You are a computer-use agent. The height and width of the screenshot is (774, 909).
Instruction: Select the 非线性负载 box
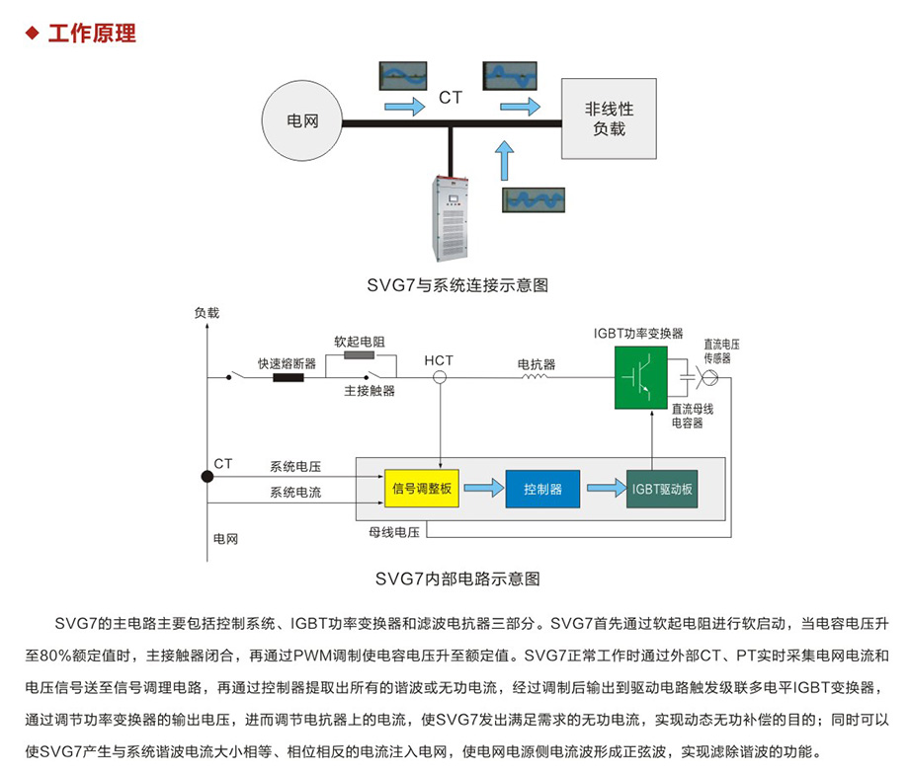coord(609,119)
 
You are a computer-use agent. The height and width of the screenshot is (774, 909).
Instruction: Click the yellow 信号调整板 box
coord(421,489)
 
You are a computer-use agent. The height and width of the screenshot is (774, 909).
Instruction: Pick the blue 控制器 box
coord(542,489)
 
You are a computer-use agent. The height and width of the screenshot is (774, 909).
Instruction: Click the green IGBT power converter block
coord(638,376)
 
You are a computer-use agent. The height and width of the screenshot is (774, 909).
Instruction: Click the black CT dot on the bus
coord(207,477)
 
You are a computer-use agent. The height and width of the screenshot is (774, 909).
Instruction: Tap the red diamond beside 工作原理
coord(32,34)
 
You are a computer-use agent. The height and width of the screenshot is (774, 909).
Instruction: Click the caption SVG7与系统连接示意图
coord(455,286)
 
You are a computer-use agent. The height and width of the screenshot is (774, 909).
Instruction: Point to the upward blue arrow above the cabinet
coord(505,159)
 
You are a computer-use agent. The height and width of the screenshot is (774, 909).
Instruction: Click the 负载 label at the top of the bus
coord(207,312)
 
